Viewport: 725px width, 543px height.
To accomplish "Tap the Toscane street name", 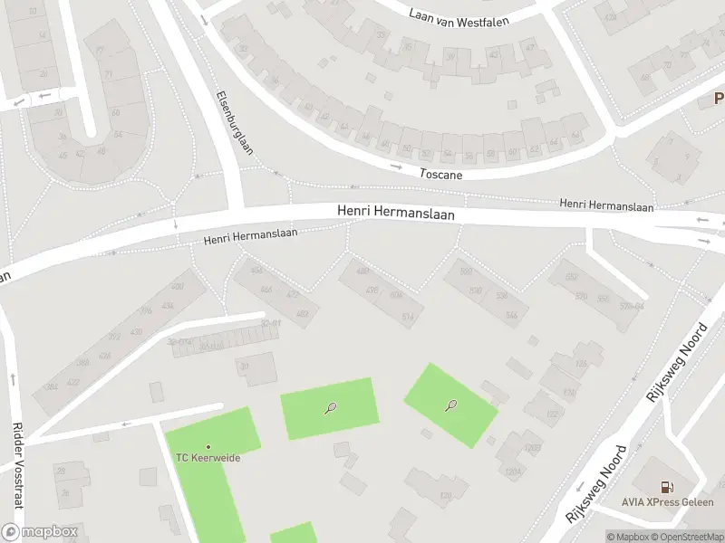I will coord(441,172).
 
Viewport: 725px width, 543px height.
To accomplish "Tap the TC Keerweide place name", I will coord(208,457).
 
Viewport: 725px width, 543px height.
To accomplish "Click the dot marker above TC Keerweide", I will coord(208,446).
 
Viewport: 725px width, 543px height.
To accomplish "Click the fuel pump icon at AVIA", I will coord(668,487).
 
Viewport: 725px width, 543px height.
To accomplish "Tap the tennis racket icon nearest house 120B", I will coord(450,405).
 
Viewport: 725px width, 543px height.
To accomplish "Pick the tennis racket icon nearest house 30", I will coord(330,408).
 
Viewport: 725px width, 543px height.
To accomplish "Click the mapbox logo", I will coord(40,532).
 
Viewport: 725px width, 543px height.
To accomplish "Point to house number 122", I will coord(552,414).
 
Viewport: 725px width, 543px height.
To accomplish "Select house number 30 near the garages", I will coord(244,367).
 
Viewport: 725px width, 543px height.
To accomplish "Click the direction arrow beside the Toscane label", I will coord(396,166).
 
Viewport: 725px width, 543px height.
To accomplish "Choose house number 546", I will coord(511,315).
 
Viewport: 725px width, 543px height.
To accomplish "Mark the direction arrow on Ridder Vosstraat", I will coord(13,377).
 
